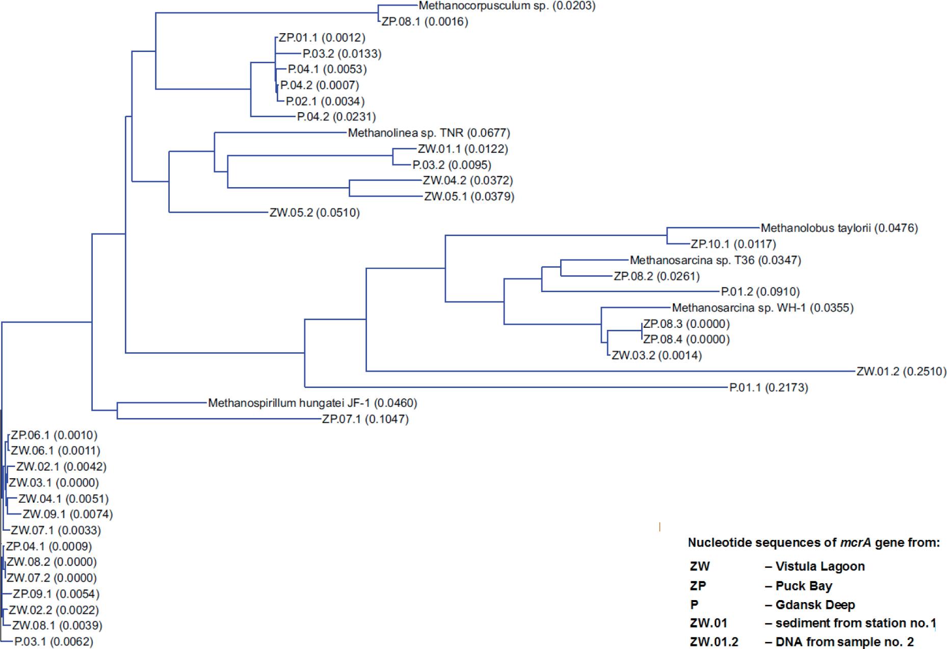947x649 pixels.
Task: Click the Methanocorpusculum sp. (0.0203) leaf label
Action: pos(507,6)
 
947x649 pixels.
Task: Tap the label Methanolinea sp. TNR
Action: pos(429,133)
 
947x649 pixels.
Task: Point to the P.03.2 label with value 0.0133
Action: pos(341,54)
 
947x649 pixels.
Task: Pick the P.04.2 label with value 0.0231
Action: pos(336,117)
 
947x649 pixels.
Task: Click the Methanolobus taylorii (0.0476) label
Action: pos(839,228)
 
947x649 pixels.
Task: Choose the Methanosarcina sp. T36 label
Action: pos(715,261)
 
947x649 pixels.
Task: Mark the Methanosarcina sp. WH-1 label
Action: pos(762,308)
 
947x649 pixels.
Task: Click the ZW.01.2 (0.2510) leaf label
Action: pos(901,372)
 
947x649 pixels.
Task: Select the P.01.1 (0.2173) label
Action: pos(768,388)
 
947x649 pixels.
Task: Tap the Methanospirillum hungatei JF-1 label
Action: pos(312,403)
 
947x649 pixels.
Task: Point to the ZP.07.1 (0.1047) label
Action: pos(365,420)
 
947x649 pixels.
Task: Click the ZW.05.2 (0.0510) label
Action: pos(314,213)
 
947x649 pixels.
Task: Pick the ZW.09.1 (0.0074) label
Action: pos(67,514)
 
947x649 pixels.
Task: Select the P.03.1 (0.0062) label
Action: pos(54,642)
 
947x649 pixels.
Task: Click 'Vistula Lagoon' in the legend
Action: pos(820,566)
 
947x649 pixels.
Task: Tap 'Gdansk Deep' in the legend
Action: pos(815,605)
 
